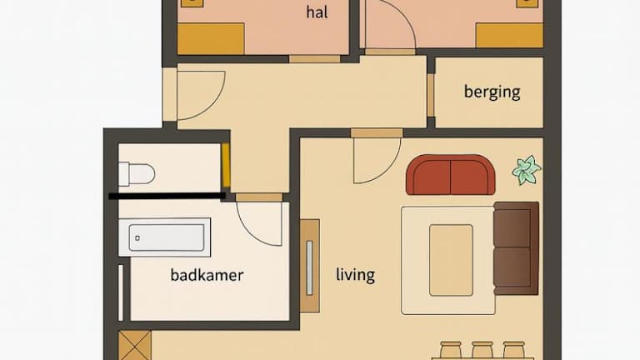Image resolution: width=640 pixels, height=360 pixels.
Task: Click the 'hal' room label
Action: [317, 12]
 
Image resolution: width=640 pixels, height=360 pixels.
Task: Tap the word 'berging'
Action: [492, 92]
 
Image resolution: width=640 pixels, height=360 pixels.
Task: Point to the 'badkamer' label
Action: [207, 275]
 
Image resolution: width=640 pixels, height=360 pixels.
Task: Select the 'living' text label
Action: [356, 274]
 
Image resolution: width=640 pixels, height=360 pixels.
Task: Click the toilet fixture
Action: [137, 174]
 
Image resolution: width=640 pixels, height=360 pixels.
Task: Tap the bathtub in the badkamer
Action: [165, 237]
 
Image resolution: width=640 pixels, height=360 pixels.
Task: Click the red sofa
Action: [451, 175]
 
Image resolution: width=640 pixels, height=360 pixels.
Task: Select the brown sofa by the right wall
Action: [517, 248]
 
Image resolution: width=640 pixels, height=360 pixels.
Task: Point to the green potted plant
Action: [527, 170]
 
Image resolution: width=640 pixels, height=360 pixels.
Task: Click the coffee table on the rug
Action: [451, 260]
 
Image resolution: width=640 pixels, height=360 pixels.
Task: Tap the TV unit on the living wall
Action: [310, 266]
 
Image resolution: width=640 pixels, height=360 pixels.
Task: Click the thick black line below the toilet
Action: [167, 197]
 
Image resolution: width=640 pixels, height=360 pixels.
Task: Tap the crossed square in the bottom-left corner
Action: [135, 345]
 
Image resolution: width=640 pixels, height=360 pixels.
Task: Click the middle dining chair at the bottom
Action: [482, 350]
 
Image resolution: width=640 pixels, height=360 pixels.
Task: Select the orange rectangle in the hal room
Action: [211, 39]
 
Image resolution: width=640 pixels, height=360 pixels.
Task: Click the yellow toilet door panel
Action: [226, 165]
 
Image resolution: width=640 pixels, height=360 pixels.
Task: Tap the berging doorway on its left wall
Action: [431, 95]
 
